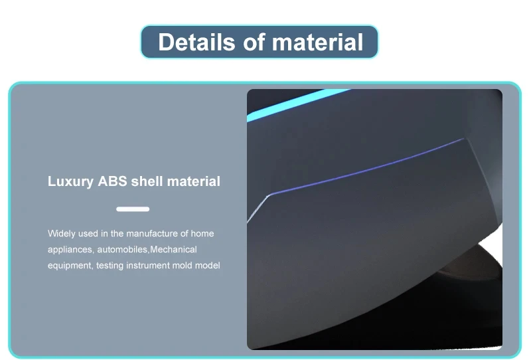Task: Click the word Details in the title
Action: [196, 42]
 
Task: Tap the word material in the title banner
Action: [317, 42]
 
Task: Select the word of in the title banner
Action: [254, 42]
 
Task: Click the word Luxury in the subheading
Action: [70, 182]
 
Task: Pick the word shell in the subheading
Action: [147, 181]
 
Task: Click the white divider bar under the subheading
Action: [133, 209]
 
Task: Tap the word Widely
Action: [61, 234]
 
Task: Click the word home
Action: [202, 234]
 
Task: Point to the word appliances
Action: [70, 250]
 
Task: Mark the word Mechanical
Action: [173, 250]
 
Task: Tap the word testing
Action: [110, 266]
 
